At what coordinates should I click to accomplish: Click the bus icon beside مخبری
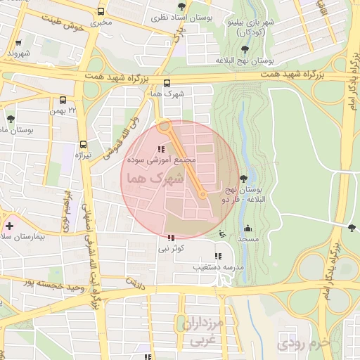pyautogui.click(x=101, y=12)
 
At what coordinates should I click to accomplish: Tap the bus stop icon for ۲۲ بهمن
pyautogui.click(x=64, y=100)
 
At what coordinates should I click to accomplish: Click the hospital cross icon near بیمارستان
pyautogui.click(x=9, y=226)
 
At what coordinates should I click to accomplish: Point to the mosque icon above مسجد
pyautogui.click(x=247, y=228)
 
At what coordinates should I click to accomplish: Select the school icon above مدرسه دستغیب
pyautogui.click(x=217, y=256)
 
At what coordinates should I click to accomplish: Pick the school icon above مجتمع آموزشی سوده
pyautogui.click(x=162, y=148)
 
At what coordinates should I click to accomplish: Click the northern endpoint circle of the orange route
pyautogui.click(x=164, y=127)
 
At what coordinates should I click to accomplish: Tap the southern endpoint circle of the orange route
pyautogui.click(x=202, y=195)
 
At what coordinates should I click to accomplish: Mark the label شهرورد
pyautogui.click(x=18, y=53)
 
